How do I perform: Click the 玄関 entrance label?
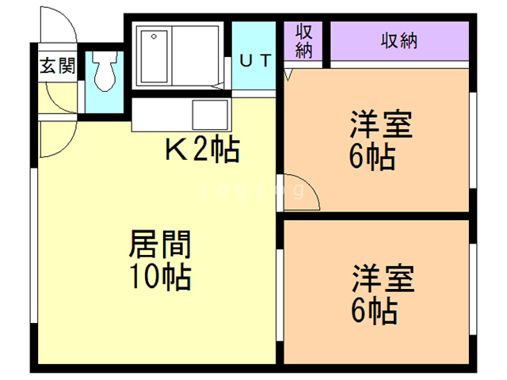coord(57,66)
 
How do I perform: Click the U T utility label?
coord(255,61)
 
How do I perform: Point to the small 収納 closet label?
coord(305,40)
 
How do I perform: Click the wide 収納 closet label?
coord(398,40)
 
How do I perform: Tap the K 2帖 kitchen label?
coord(201,149)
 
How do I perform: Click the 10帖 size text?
coord(160,276)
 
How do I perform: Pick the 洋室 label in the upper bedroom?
coord(383,127)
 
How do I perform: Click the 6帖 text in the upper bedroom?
coord(372,158)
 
